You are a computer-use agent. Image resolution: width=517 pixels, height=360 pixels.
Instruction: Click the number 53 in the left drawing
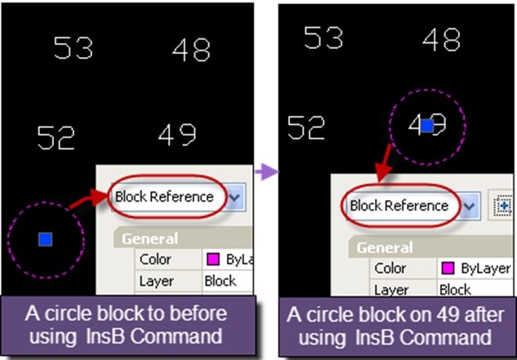[x=73, y=48]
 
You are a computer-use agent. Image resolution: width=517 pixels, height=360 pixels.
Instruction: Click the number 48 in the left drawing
[x=191, y=51]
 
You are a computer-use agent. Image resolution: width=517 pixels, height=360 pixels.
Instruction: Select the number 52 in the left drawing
[x=56, y=138]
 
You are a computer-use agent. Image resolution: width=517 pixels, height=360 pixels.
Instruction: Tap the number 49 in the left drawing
[x=176, y=135]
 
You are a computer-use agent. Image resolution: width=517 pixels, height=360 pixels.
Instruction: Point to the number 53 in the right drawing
[x=323, y=38]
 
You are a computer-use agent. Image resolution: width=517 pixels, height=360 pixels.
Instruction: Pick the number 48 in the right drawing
[x=441, y=38]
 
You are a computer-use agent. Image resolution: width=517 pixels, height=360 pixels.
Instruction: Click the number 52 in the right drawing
[x=306, y=127]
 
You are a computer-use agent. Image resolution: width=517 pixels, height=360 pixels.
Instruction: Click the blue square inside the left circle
[x=46, y=238]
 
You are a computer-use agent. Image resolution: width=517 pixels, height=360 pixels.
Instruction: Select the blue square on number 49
[x=426, y=126]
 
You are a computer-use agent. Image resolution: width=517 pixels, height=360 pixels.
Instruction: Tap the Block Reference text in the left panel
[x=164, y=197]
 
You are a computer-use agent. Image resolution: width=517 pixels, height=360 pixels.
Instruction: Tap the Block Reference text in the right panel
[x=399, y=206]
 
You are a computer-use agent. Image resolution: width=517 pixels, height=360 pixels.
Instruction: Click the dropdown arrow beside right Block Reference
[x=470, y=207]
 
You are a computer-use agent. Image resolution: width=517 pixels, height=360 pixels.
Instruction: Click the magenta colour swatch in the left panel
[x=212, y=260]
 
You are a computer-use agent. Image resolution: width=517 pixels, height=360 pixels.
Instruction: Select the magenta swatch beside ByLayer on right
[x=447, y=269]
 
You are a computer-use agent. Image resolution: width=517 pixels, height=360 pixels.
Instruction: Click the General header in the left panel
[x=151, y=238]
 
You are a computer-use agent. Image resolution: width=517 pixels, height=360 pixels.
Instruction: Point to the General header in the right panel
[x=385, y=247]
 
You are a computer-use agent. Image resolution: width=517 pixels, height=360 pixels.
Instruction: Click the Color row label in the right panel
[x=390, y=269]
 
